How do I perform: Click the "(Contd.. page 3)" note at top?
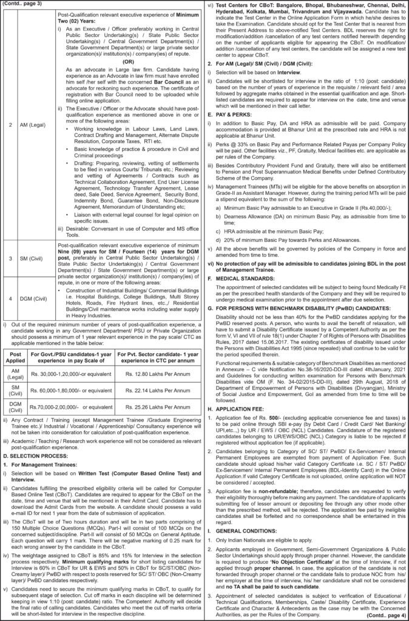pos(22,5)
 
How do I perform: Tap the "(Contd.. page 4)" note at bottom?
pos(387,616)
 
